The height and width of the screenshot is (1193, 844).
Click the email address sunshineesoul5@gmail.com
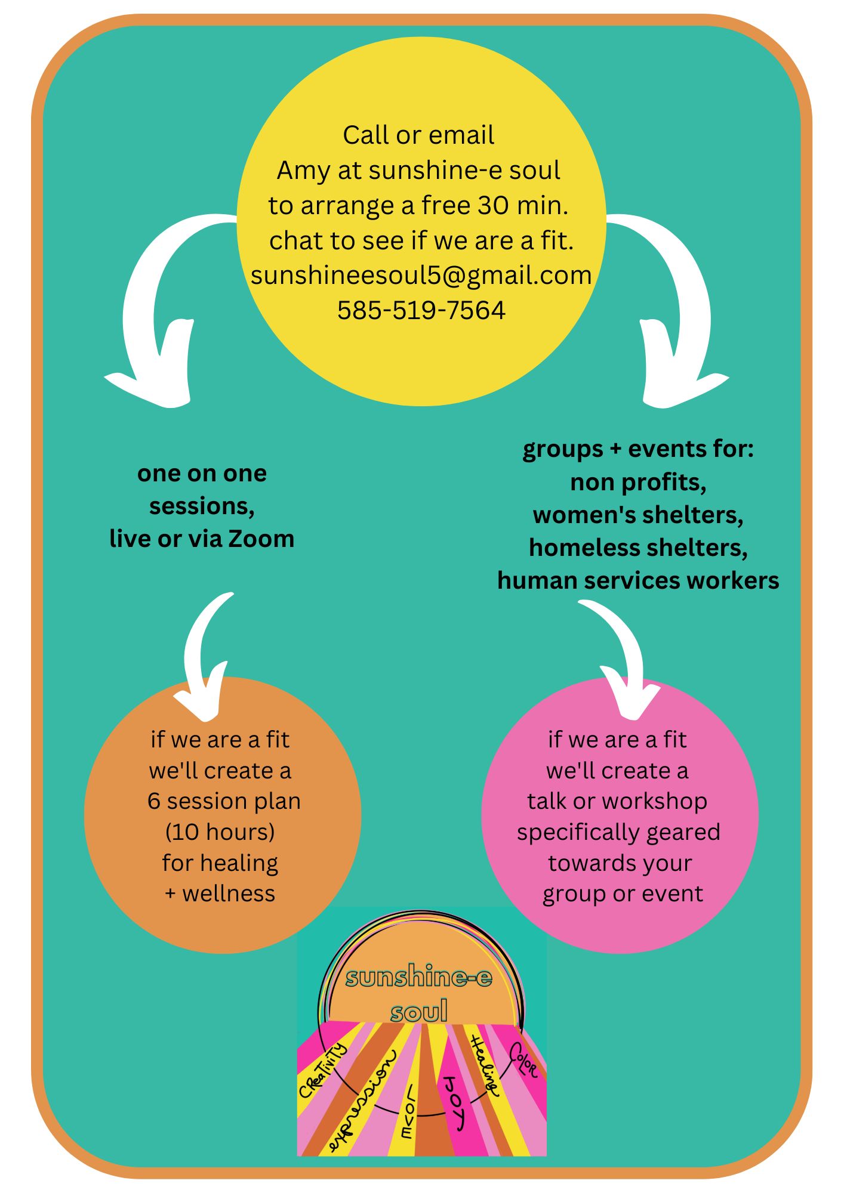point(421,276)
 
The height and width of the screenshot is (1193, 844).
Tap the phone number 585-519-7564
point(421,310)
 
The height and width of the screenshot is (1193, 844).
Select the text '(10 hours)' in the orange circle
point(220,832)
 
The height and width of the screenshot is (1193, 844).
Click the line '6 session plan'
point(224,801)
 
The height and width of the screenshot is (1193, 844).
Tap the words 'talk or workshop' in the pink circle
point(617,801)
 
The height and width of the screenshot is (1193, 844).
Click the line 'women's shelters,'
point(638,515)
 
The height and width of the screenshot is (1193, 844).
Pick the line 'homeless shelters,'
point(638,548)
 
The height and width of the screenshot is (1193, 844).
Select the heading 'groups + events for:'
point(638,449)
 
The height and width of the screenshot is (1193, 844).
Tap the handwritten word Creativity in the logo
point(322,1071)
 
